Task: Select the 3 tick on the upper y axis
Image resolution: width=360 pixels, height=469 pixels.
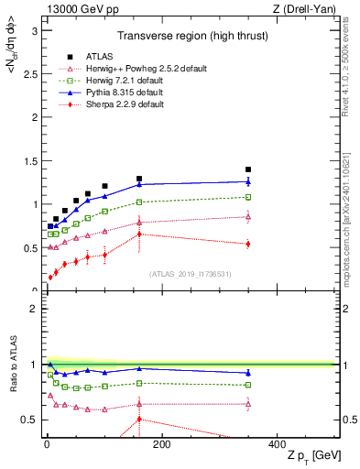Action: coord(37,30)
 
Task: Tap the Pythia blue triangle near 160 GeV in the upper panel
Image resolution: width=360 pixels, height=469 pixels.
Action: coord(139,184)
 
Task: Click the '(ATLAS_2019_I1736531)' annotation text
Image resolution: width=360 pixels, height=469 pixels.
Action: coord(190,274)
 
